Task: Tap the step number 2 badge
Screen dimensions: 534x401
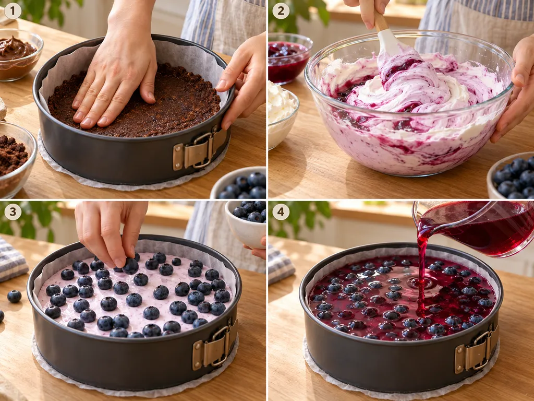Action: (x=281, y=11)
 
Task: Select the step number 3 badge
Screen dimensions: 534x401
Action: (x=13, y=212)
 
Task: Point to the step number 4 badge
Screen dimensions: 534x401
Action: (x=281, y=212)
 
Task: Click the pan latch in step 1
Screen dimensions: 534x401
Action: (x=199, y=149)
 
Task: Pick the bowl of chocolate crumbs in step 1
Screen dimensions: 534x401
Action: (x=15, y=159)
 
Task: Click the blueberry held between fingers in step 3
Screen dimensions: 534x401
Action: (x=130, y=266)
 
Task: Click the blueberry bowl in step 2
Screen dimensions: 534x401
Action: (x=512, y=176)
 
